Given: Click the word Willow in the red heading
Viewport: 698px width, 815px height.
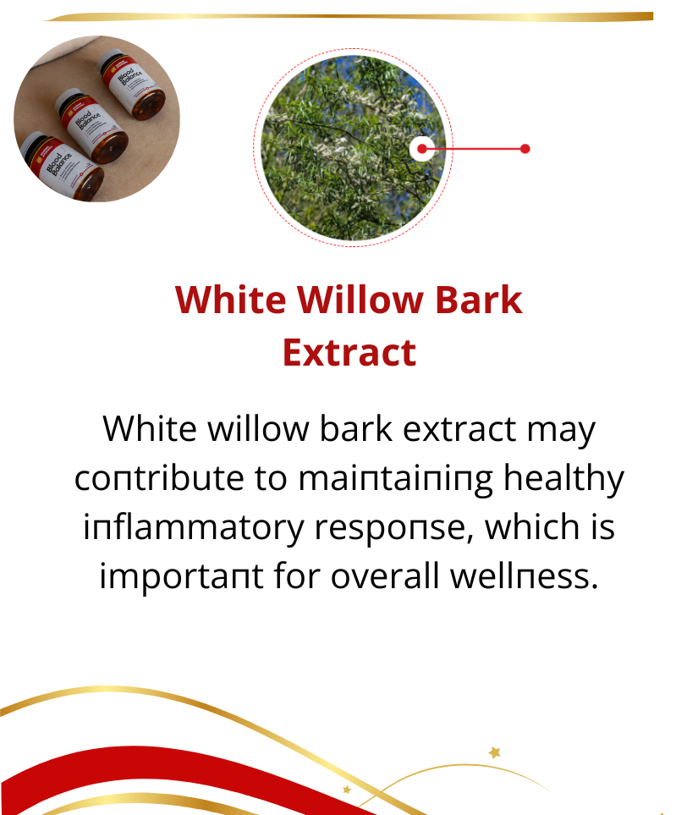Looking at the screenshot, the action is click(x=360, y=300).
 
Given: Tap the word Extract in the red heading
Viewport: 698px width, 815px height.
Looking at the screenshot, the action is click(x=349, y=353).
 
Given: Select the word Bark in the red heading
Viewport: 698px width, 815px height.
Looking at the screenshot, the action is click(x=479, y=300).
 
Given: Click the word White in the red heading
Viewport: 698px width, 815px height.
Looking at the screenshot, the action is click(x=230, y=300).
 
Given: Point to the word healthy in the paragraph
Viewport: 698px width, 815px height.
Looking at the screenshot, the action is click(x=563, y=479).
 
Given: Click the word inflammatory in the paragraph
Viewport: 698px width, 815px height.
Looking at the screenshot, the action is click(x=194, y=528).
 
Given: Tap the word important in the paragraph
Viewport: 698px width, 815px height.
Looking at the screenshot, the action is click(x=181, y=577).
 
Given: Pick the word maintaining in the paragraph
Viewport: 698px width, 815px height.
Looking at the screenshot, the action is click(x=395, y=479).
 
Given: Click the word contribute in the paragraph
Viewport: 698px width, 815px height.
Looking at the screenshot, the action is click(x=159, y=478).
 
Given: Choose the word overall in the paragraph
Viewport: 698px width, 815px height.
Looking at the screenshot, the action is click(x=385, y=576).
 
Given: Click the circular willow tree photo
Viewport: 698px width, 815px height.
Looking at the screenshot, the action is click(x=354, y=147).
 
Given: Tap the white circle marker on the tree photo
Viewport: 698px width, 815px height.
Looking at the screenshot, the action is click(x=422, y=149).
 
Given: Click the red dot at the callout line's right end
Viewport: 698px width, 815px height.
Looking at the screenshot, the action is click(x=525, y=149).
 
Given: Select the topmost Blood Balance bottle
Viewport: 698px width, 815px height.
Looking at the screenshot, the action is click(x=131, y=83).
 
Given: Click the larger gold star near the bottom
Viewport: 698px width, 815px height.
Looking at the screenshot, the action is click(x=495, y=752).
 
